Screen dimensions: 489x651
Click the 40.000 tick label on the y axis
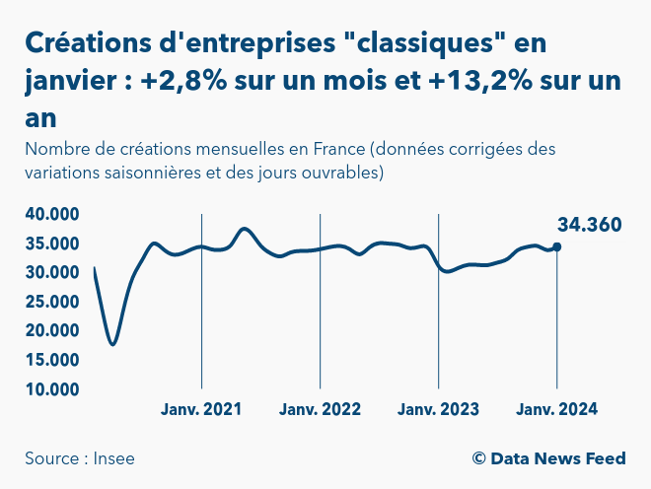point(52,214)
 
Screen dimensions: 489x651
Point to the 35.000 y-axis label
point(52,244)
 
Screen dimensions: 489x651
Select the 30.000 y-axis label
point(52,272)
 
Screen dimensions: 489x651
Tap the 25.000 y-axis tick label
point(52,302)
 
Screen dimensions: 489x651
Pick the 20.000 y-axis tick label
point(52,331)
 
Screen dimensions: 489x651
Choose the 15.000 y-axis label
point(52,360)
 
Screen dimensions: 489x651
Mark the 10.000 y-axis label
point(52,389)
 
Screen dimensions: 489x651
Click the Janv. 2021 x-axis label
point(201,409)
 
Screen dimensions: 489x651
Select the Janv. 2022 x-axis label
point(320,409)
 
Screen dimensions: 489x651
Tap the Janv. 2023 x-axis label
point(438,409)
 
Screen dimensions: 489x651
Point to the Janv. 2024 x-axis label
point(557,409)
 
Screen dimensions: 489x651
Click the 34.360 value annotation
point(589,225)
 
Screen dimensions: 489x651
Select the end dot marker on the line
point(557,246)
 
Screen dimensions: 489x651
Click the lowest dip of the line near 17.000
point(113,344)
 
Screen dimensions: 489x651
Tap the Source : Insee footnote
point(80,458)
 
